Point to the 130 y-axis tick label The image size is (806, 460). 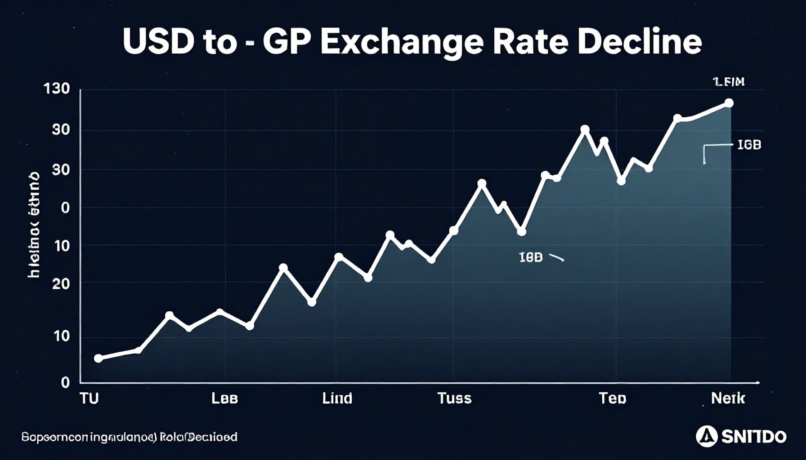click(57, 88)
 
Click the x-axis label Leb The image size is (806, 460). click(224, 398)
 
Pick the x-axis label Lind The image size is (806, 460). click(337, 398)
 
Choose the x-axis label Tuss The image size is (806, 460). click(454, 398)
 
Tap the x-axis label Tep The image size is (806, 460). click(612, 398)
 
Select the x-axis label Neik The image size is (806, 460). click(728, 398)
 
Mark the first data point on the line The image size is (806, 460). click(99, 358)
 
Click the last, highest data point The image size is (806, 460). click(729, 103)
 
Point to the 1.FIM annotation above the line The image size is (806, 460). click(729, 82)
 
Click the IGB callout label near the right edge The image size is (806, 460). click(749, 145)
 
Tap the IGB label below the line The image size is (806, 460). click(531, 257)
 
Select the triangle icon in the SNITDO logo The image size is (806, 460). click(707, 436)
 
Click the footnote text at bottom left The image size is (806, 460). click(130, 437)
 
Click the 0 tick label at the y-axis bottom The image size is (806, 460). click(65, 382)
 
